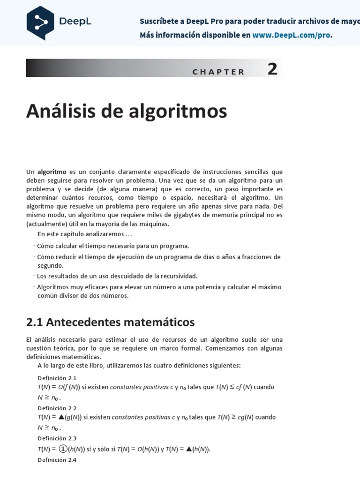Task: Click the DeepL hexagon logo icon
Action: point(40,22)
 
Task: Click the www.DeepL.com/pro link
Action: point(292,36)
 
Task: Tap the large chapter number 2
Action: point(272,69)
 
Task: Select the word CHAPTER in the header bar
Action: point(218,72)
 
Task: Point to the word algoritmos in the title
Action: point(188,111)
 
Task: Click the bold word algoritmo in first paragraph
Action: point(52,172)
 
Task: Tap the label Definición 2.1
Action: point(57,378)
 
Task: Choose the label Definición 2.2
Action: point(57,408)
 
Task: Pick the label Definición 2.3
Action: point(57,438)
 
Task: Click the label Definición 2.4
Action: point(57,460)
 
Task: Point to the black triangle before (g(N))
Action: point(62,417)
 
